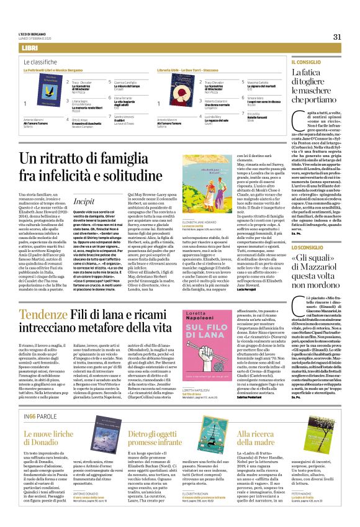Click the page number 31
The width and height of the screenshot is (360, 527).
(x=338, y=37)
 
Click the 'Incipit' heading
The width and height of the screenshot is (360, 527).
(x=84, y=202)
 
